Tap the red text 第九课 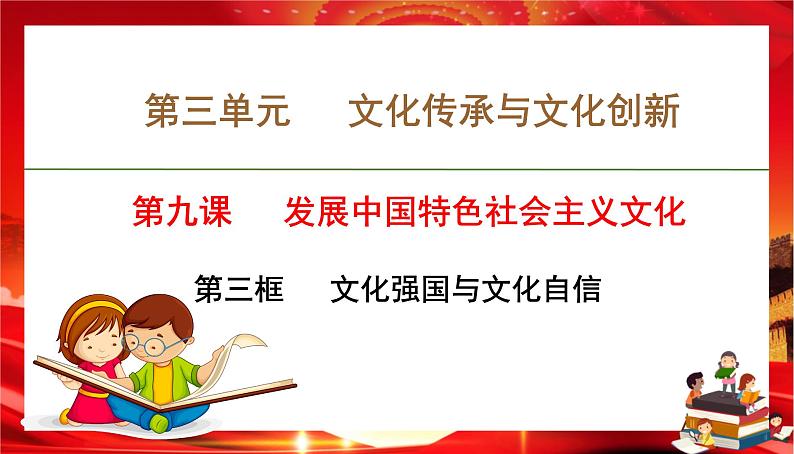coord(182,212)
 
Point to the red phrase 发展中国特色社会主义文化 coord(485,212)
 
